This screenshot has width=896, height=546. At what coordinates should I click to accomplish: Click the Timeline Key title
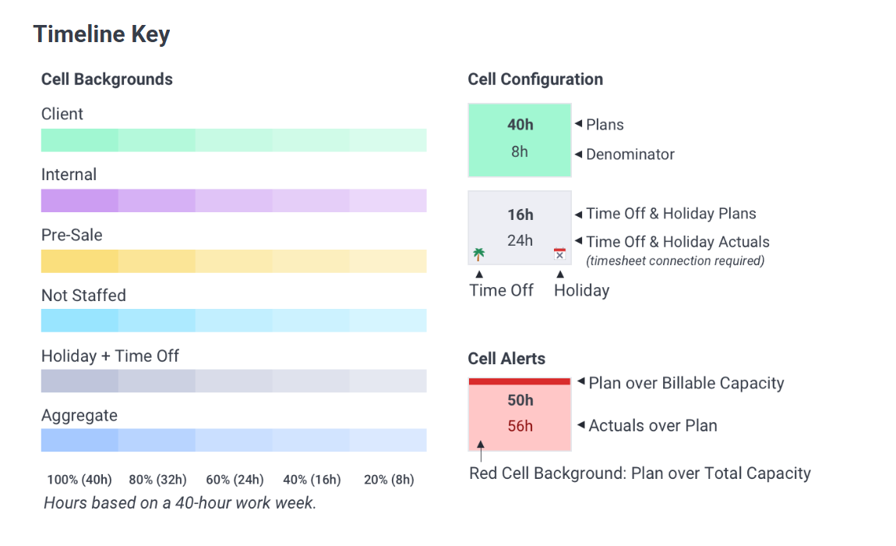(102, 34)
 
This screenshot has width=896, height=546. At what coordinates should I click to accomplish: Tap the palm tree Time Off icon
(479, 254)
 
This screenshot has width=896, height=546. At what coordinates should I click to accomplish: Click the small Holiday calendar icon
(560, 254)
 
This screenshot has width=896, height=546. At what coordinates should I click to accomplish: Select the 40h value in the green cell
(520, 125)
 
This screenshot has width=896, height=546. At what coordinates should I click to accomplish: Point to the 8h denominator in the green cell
(520, 151)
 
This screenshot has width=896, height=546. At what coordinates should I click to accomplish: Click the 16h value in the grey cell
(520, 214)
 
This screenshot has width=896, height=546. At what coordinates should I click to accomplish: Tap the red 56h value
(520, 426)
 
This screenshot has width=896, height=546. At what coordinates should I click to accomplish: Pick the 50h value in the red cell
(520, 400)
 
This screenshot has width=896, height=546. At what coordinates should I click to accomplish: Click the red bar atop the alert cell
(520, 381)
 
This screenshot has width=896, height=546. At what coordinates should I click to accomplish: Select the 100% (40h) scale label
(79, 480)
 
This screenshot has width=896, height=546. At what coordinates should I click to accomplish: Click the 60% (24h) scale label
(235, 480)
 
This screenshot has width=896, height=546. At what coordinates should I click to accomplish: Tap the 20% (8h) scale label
(389, 480)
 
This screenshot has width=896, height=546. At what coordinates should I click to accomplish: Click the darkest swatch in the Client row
(79, 140)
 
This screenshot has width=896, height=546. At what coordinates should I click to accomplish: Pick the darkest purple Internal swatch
(79, 201)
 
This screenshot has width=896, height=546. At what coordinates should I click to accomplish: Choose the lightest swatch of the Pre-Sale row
(388, 261)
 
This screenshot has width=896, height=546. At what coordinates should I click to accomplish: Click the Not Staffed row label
(83, 296)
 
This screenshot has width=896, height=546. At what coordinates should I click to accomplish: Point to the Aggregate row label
(79, 416)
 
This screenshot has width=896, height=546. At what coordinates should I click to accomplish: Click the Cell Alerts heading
(506, 359)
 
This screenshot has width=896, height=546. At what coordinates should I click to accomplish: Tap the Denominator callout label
(630, 154)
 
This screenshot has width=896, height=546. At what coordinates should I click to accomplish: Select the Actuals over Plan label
(653, 426)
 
